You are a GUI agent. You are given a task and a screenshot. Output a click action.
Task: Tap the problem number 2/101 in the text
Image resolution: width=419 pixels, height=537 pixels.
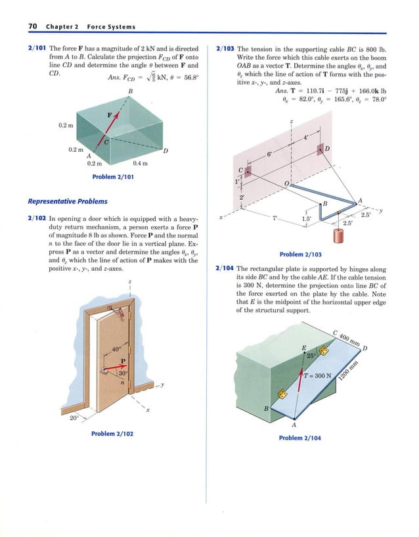(37, 49)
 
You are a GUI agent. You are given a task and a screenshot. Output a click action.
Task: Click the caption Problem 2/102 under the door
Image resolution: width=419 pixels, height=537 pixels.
(112, 434)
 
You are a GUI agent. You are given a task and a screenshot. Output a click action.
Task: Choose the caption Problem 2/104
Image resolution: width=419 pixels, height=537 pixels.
(300, 438)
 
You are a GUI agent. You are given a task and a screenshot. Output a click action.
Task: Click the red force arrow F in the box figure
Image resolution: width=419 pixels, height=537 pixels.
(113, 126)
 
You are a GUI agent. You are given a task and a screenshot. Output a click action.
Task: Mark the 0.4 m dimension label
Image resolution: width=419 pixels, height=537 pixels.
(140, 163)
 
